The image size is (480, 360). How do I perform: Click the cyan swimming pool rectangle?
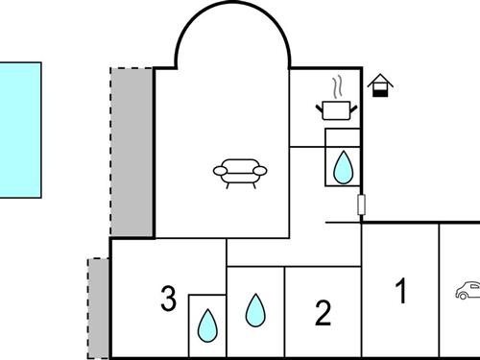click(x=20, y=130)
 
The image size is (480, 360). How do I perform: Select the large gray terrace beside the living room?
click(x=132, y=152)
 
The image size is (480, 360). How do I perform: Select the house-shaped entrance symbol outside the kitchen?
click(x=381, y=85)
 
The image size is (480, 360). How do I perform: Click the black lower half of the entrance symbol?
click(x=381, y=92)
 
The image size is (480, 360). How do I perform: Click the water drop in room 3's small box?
click(x=206, y=326)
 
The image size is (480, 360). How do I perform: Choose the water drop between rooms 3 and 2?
click(x=254, y=309)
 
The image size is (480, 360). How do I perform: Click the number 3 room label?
click(x=168, y=300)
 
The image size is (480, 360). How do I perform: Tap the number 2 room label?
click(x=324, y=312)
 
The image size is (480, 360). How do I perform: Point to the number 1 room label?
click(x=402, y=290)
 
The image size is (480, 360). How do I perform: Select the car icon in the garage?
click(x=468, y=290)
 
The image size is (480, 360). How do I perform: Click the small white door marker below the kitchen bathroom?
click(x=362, y=204)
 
